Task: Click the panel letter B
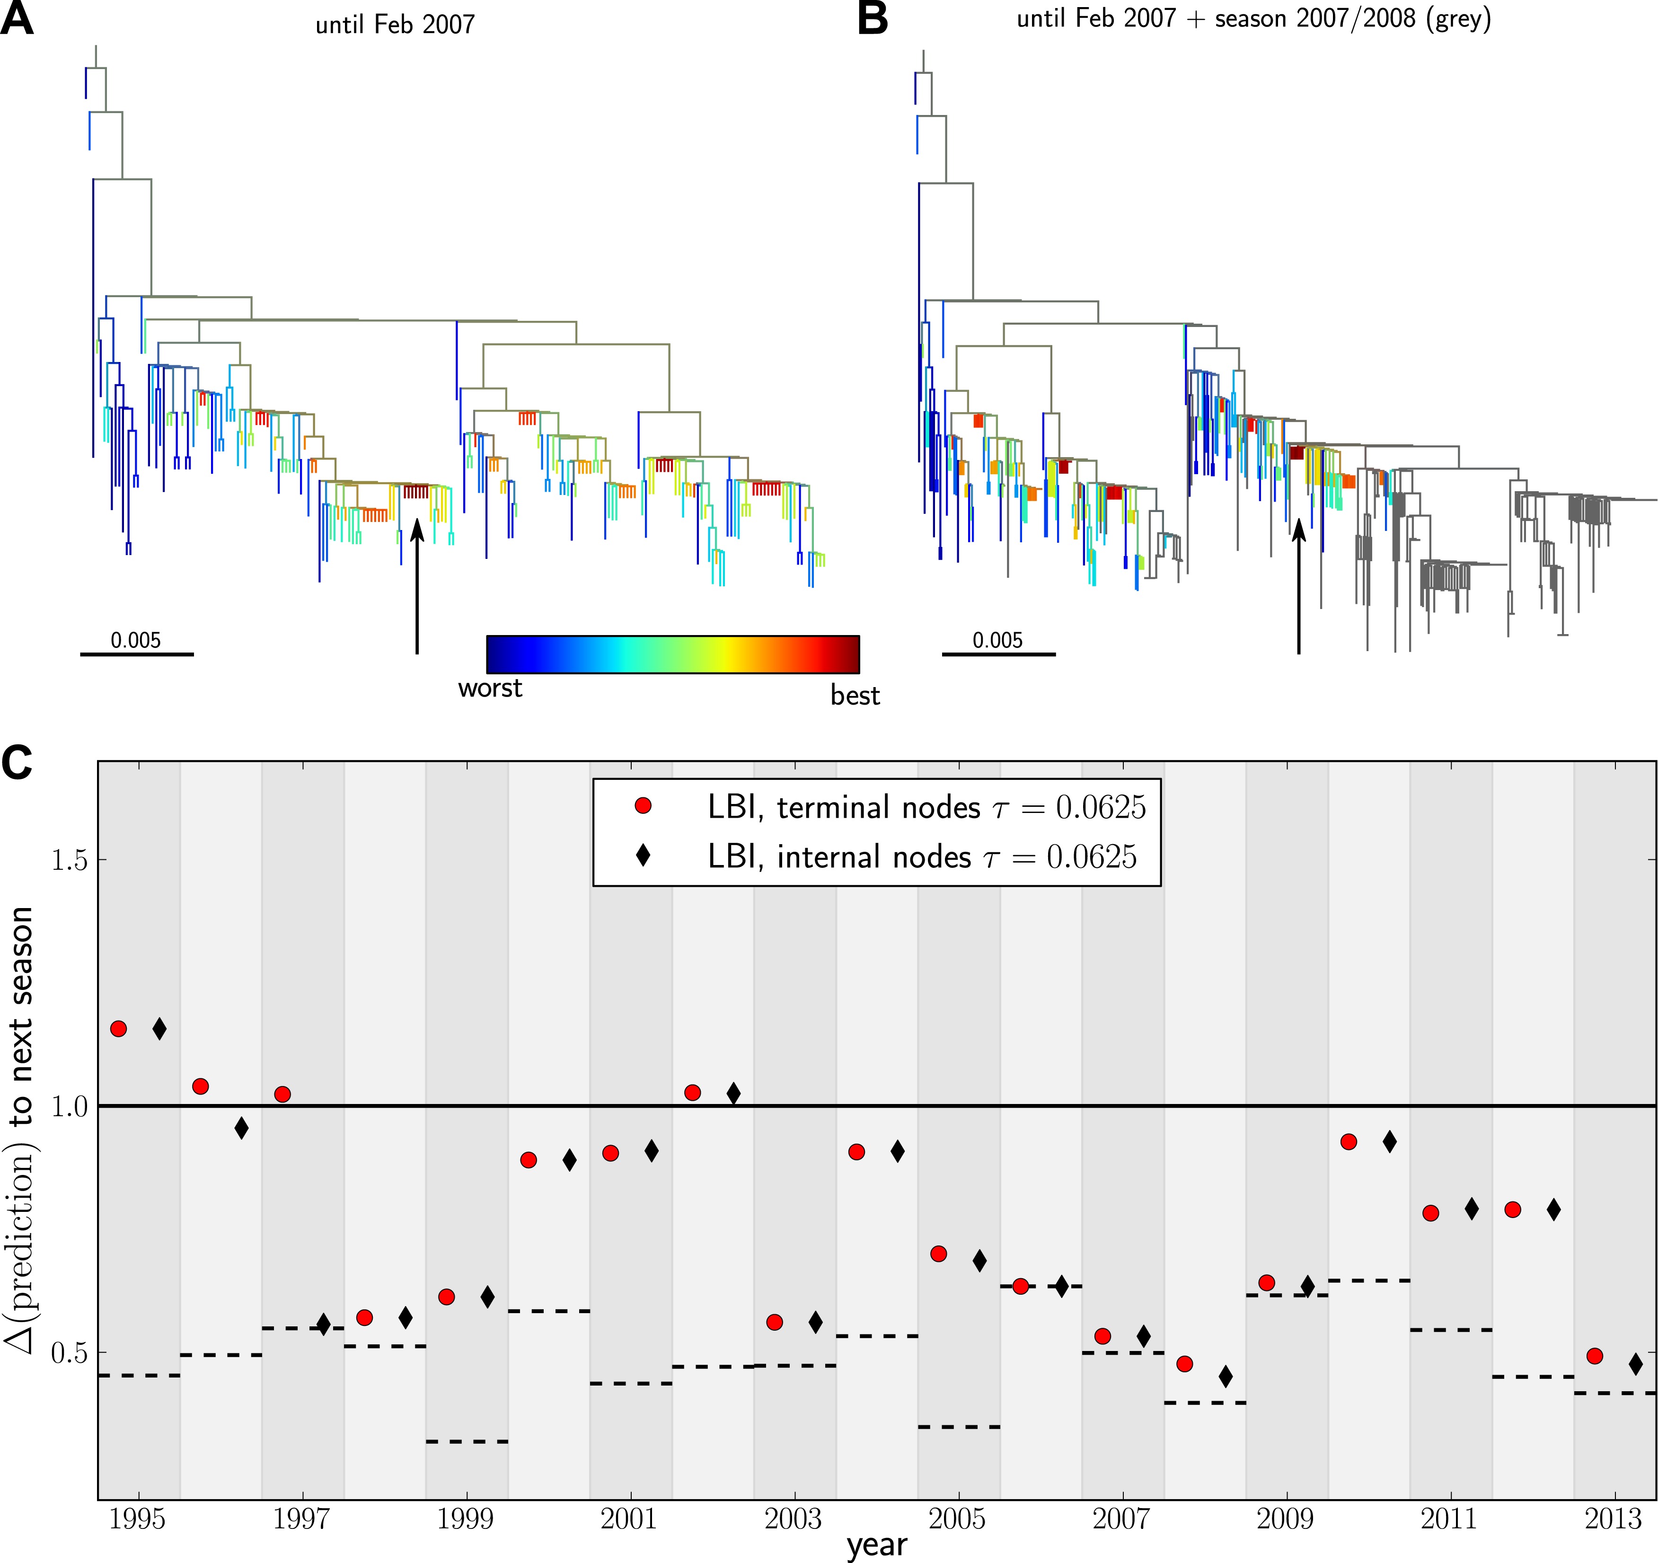(x=873, y=18)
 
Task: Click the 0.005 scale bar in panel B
(x=998, y=654)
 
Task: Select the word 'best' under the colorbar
(x=855, y=696)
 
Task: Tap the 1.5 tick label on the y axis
(x=69, y=860)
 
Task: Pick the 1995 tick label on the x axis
(x=138, y=1519)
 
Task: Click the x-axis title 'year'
(x=876, y=1545)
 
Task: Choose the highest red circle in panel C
(x=118, y=1028)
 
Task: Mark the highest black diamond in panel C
(x=159, y=1029)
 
